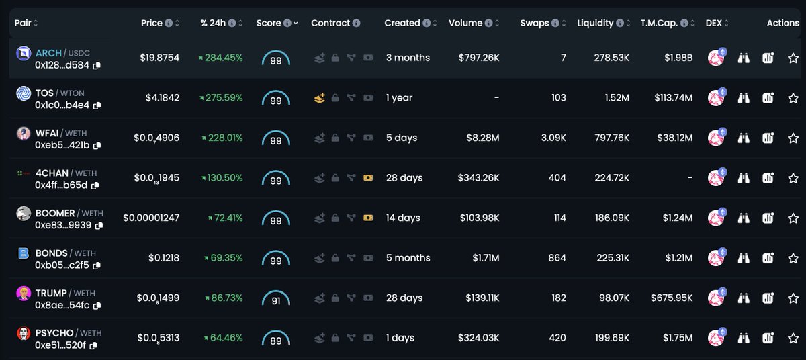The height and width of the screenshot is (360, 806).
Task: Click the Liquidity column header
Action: click(595, 23)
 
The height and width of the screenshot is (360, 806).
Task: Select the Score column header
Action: click(269, 23)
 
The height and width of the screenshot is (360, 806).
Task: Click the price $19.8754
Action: click(160, 58)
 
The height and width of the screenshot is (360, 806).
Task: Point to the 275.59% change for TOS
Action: click(221, 98)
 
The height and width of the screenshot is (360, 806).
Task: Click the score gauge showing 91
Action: click(275, 299)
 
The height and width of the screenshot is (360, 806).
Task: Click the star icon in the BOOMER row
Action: click(793, 218)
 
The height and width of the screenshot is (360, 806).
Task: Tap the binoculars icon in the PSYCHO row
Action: click(743, 339)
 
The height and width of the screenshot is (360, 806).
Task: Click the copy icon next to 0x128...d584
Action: click(97, 65)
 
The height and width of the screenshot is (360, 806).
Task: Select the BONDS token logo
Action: click(24, 254)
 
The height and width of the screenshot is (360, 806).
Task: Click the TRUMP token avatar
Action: click(24, 294)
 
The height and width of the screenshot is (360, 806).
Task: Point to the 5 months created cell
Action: click(408, 258)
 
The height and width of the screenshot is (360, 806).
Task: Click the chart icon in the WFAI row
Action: click(768, 138)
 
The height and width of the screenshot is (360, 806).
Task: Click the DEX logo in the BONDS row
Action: click(717, 259)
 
